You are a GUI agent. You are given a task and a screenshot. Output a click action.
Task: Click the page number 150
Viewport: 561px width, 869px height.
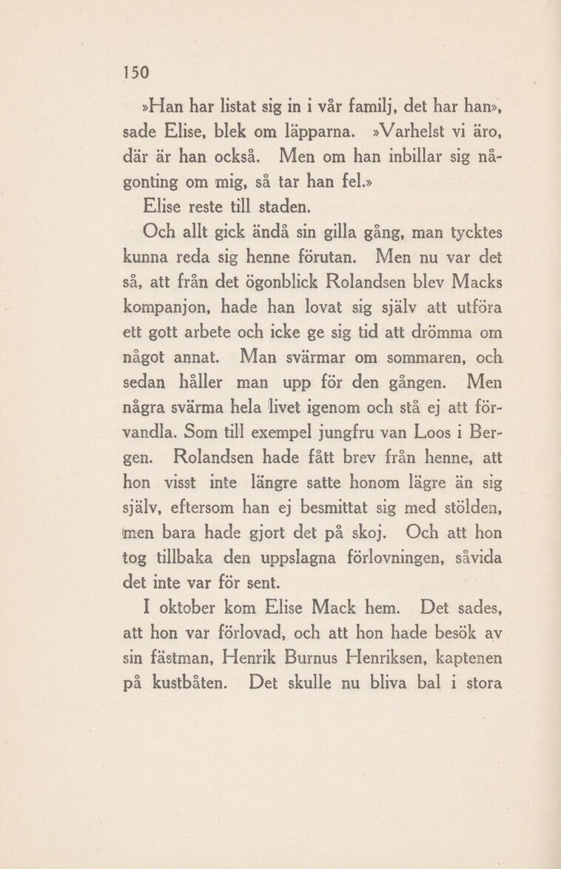point(137,73)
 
